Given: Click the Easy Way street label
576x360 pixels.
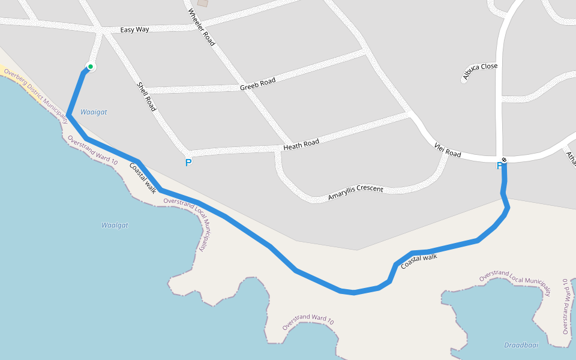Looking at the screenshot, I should [x=134, y=29].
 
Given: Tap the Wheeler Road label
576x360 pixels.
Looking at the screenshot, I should [x=201, y=27].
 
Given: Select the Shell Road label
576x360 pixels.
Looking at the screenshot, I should [x=147, y=97].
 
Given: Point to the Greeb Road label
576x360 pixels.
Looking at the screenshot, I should [x=257, y=84].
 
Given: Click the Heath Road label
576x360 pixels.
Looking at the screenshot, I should [x=301, y=145].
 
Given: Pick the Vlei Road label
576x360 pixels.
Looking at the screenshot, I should [x=448, y=151].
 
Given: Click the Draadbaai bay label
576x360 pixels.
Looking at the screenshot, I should [x=521, y=346].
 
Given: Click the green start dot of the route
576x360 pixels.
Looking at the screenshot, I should [x=90, y=67].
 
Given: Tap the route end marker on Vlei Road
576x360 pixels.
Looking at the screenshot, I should [x=504, y=160].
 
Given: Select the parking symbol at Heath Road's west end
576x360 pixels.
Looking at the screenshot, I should [x=188, y=163].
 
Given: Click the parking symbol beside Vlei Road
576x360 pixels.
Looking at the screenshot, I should [x=499, y=166].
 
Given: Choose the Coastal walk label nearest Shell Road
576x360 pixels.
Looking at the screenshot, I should [x=143, y=178].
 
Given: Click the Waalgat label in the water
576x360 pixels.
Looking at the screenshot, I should [x=115, y=225].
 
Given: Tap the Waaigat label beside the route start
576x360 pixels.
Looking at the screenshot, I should [x=94, y=112].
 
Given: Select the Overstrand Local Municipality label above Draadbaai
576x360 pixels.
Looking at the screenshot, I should [x=515, y=281].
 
